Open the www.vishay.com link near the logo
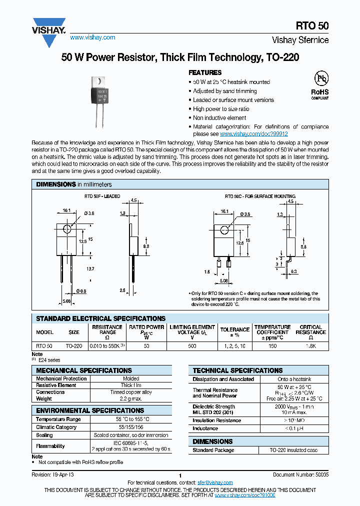pos(92,37)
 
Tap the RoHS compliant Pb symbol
pos(320,80)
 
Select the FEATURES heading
pos(205,72)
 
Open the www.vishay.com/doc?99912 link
pos(254,134)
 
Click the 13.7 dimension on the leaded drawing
pos(90,269)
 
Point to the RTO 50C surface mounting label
pos(260,196)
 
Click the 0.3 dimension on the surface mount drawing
pos(308,271)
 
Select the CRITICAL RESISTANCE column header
pos(310,332)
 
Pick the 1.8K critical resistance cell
pos(310,346)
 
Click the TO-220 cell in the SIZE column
pos(74,346)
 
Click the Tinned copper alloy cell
pos(130,392)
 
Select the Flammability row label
pos(50,446)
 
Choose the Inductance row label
pos(205,428)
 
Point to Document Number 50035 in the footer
pos(300,474)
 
